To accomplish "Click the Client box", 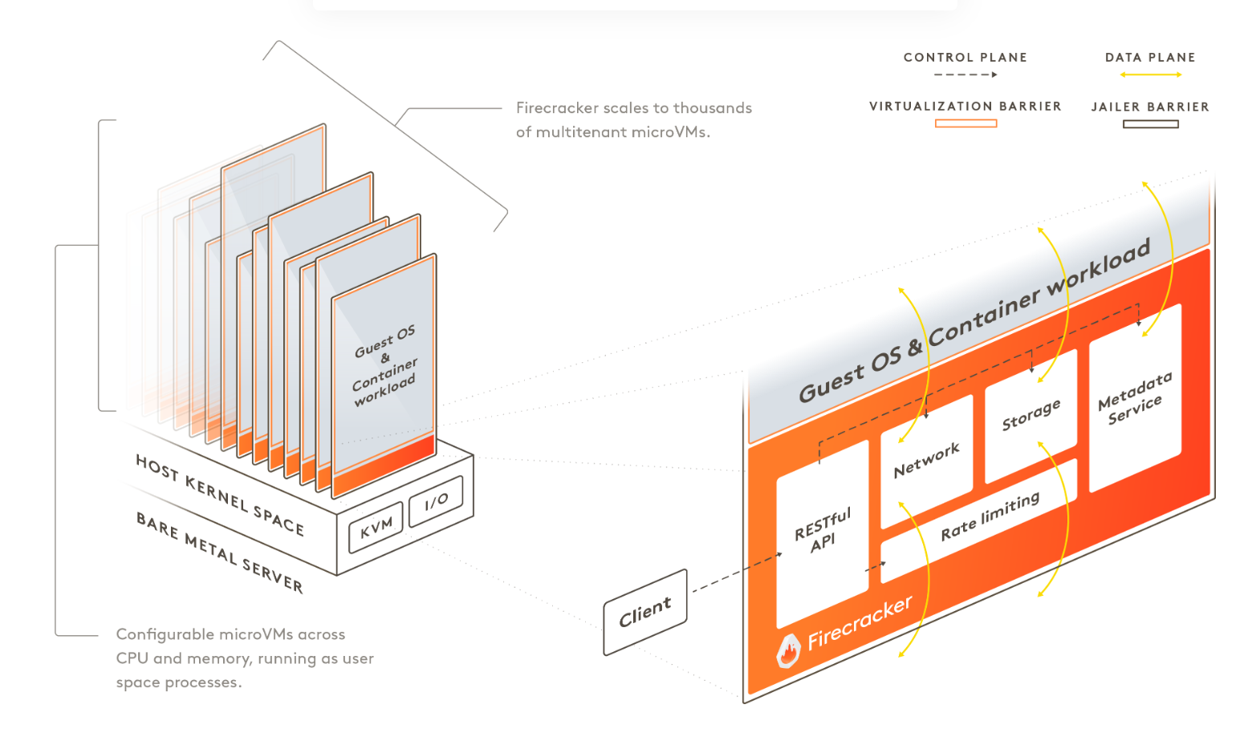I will [x=645, y=612].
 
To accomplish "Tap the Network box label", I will [x=926, y=460].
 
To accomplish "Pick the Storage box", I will [x=1031, y=414].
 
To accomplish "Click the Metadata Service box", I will [x=1135, y=397].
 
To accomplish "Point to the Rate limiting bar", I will [x=990, y=517].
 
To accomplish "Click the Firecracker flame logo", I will [x=788, y=651].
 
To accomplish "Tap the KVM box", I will [x=376, y=527].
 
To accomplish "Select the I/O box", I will [x=436, y=501].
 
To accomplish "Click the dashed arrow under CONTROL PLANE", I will [x=965, y=75].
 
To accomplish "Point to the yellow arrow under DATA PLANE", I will [x=1150, y=75].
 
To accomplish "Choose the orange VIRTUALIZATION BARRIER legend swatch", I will [x=965, y=124].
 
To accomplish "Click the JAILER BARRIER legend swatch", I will [x=1150, y=124].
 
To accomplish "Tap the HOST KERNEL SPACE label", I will [x=219, y=495].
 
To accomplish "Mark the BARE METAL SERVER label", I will [x=219, y=552].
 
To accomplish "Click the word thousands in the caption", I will [x=712, y=108].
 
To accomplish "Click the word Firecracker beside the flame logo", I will [x=860, y=623].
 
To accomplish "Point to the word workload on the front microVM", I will [x=384, y=389].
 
